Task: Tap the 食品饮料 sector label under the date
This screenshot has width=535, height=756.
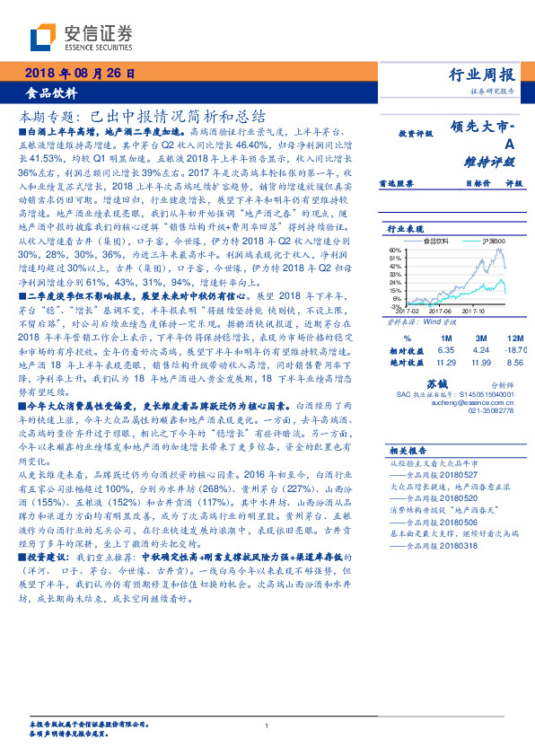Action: [51, 92]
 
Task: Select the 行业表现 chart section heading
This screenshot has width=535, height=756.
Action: [407, 229]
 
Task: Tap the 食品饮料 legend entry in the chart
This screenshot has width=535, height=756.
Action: [437, 242]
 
